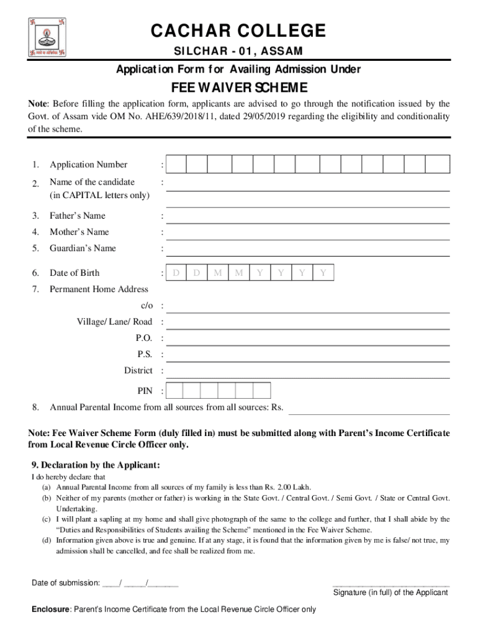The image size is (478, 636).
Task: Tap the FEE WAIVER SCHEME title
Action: [x=238, y=87]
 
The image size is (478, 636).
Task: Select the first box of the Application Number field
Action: [x=176, y=165]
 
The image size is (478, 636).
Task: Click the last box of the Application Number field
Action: [x=438, y=165]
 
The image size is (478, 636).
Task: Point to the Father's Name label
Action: [x=78, y=216]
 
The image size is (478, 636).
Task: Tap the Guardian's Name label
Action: [x=83, y=248]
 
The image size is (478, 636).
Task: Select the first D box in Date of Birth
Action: [x=176, y=273]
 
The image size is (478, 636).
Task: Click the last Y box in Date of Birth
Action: [x=323, y=273]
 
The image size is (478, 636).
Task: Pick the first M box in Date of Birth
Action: [x=218, y=273]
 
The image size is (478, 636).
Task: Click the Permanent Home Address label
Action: [x=99, y=289]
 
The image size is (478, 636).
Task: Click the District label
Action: [x=138, y=370]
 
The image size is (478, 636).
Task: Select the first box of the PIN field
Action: [x=175, y=390]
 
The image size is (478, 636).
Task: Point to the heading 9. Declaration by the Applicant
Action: [x=96, y=465]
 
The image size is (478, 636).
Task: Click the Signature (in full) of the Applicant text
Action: [x=390, y=592]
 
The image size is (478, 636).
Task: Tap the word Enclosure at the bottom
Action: [x=51, y=609]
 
